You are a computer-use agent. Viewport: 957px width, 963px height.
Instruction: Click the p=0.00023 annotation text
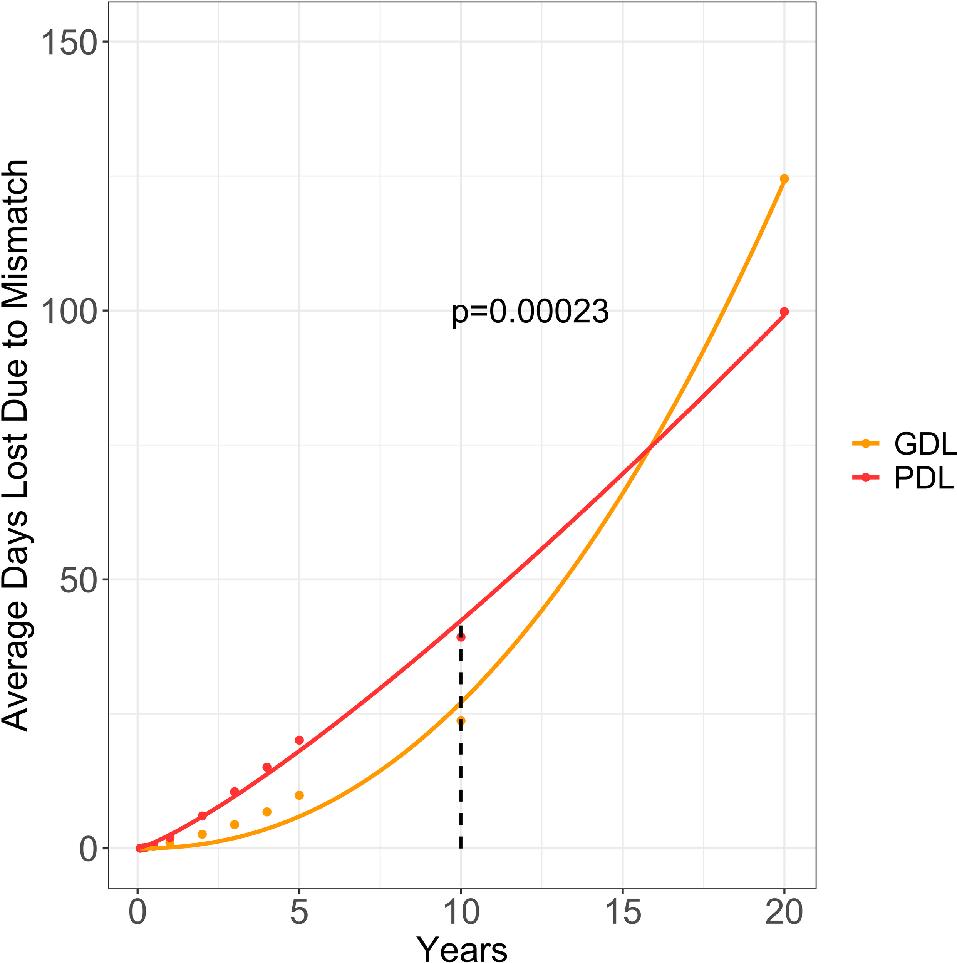(x=530, y=312)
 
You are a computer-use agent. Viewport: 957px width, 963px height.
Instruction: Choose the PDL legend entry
(x=902, y=478)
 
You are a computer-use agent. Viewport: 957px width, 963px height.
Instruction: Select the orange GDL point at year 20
(x=784, y=179)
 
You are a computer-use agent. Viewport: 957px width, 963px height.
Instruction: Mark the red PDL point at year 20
(x=784, y=312)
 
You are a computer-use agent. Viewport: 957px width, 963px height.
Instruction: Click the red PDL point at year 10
(x=461, y=637)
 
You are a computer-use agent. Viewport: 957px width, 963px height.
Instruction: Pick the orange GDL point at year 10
(x=461, y=721)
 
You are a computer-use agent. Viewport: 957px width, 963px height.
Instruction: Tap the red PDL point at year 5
(x=299, y=740)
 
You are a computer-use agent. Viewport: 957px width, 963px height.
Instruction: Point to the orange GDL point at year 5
(x=299, y=795)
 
